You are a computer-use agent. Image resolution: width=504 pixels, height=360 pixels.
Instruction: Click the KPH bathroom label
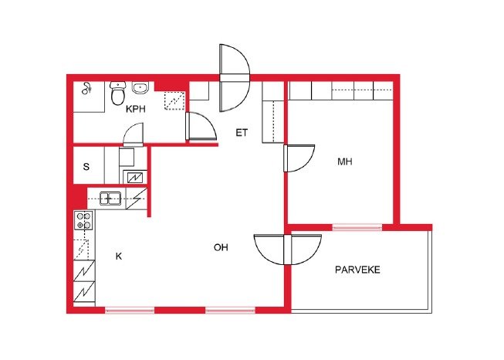pyautogui.click(x=135, y=109)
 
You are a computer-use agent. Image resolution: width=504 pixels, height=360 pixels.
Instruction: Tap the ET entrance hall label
pyautogui.click(x=242, y=133)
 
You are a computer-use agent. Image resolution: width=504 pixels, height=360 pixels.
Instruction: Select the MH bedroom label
pyautogui.click(x=344, y=161)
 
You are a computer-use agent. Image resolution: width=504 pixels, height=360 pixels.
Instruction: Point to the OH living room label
pyautogui.click(x=221, y=247)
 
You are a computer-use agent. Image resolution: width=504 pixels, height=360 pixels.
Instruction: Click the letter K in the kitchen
pyautogui.click(x=119, y=256)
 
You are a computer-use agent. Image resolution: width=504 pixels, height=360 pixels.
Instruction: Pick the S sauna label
pyautogui.click(x=86, y=167)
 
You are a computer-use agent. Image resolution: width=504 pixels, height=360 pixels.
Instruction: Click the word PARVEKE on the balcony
pyautogui.click(x=357, y=270)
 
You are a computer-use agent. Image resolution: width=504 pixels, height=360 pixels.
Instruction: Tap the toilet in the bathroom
pyautogui.click(x=117, y=93)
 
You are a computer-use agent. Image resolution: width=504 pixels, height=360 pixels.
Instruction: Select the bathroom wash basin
pyautogui.click(x=140, y=87)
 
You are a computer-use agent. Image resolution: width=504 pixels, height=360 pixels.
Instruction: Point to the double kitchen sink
pyautogui.click(x=110, y=199)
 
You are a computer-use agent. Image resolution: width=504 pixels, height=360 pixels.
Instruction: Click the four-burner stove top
pyautogui.click(x=84, y=220)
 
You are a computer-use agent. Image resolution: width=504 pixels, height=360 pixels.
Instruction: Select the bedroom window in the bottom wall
pyautogui.click(x=357, y=227)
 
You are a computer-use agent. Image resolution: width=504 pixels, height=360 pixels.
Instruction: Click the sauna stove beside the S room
pyautogui.click(x=135, y=177)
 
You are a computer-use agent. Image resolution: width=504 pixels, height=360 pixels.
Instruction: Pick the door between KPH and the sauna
pyautogui.click(x=133, y=134)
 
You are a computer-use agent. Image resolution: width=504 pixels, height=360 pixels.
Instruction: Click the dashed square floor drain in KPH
pyautogui.click(x=174, y=100)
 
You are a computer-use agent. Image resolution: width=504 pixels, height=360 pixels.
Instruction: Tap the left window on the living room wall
pyautogui.click(x=130, y=310)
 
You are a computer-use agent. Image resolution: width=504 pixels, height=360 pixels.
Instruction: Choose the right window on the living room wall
pyautogui.click(x=230, y=310)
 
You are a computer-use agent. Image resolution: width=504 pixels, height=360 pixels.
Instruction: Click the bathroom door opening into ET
pyautogui.click(x=201, y=126)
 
